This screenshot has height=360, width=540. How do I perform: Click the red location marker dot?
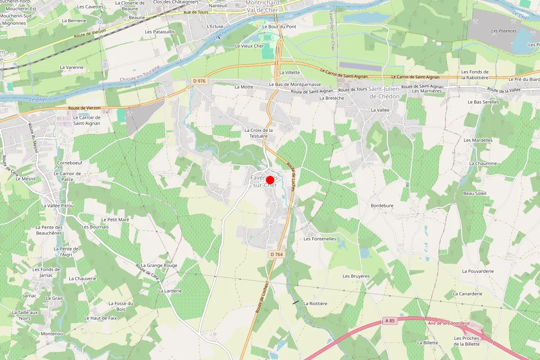pyautogui.click(x=270, y=180)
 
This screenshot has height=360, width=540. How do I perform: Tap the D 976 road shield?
pyautogui.click(x=198, y=81)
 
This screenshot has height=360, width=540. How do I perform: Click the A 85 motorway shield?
pyautogui.click(x=390, y=321)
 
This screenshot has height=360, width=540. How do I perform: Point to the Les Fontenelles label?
pyautogui.click(x=320, y=239)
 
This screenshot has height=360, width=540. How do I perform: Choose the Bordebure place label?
pyautogui.click(x=382, y=206)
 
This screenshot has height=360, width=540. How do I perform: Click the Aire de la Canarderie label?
pyautogui.click(x=449, y=323)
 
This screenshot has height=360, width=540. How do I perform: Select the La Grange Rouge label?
pyautogui.click(x=159, y=265)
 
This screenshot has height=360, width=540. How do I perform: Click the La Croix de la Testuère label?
pyautogui.click(x=259, y=133)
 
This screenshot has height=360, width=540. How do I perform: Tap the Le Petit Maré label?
pyautogui.click(x=116, y=220)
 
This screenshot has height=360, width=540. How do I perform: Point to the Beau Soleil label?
pyautogui.click(x=475, y=193)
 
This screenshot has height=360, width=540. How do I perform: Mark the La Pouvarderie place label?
pyautogui.click(x=478, y=271)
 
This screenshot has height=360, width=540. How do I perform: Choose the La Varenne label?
pyautogui.click(x=72, y=67)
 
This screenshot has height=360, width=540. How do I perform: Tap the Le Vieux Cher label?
pyautogui.click(x=249, y=46)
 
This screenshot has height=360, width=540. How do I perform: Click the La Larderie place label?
pyautogui.click(x=170, y=291)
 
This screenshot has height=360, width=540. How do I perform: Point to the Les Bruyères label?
pyautogui.click(x=356, y=276)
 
